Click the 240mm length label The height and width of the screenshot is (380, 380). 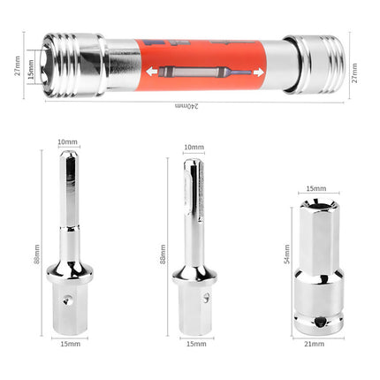coord(186,106)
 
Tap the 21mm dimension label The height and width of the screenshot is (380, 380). coord(315,344)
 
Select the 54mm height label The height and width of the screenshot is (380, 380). coord(286,254)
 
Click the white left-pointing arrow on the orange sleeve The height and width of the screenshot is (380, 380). coord(152,72)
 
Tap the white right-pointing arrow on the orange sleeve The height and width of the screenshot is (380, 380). coord(258,72)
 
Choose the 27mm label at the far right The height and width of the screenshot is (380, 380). coord(354,72)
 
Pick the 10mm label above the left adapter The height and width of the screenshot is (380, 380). coord(67,142)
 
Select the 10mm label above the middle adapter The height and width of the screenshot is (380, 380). coord(194,147)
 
